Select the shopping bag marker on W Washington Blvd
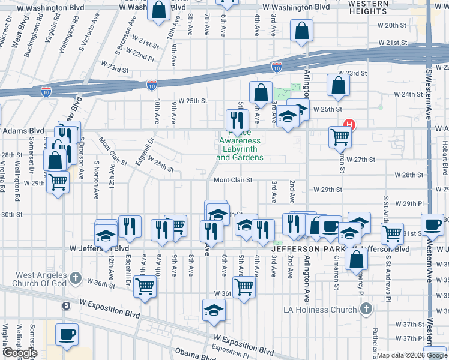159,10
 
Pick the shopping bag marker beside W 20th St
301,31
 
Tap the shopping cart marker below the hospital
340,137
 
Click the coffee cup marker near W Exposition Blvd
67,334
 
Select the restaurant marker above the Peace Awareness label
237,119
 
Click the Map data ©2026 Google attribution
412,355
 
